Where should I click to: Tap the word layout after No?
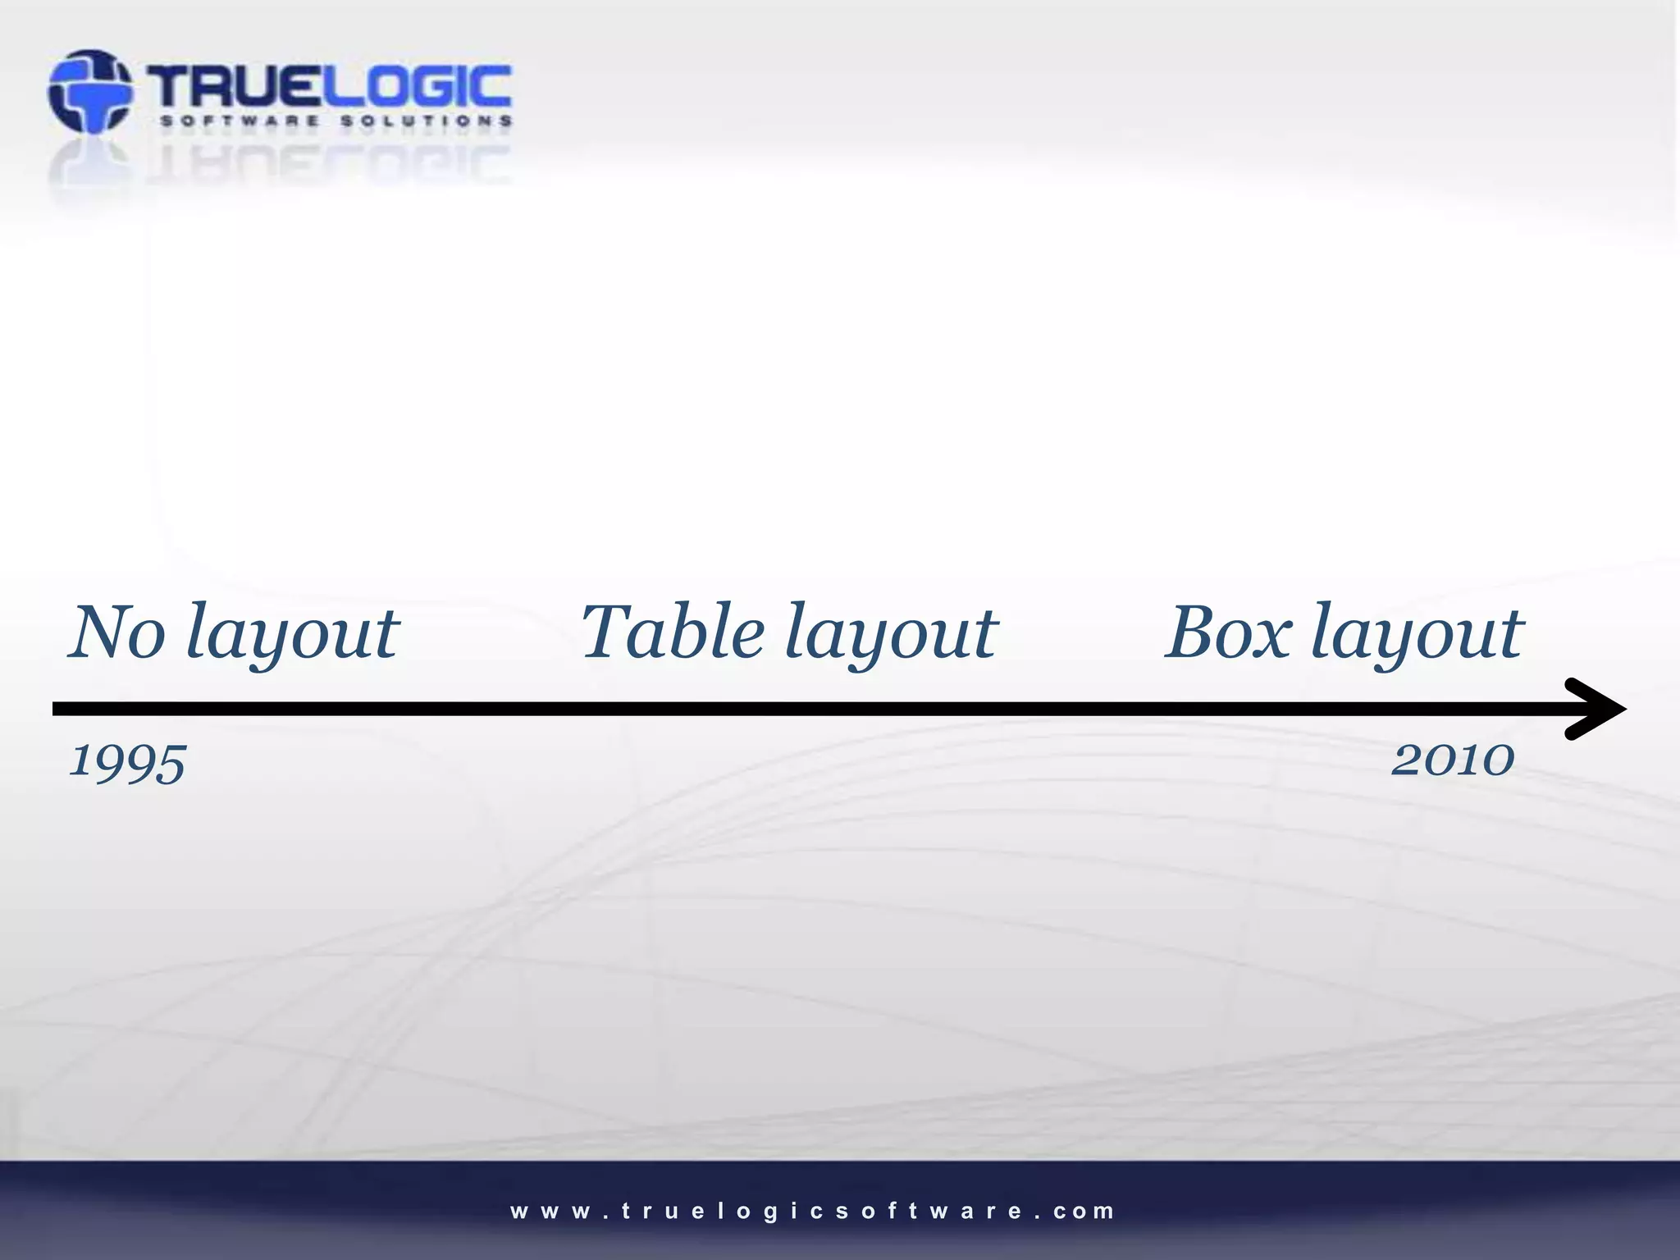[292, 636]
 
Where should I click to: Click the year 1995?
[128, 763]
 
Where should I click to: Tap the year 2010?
[1453, 760]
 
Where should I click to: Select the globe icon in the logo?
[89, 91]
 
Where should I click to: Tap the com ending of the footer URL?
[1084, 1212]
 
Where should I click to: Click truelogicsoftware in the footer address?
[815, 1212]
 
